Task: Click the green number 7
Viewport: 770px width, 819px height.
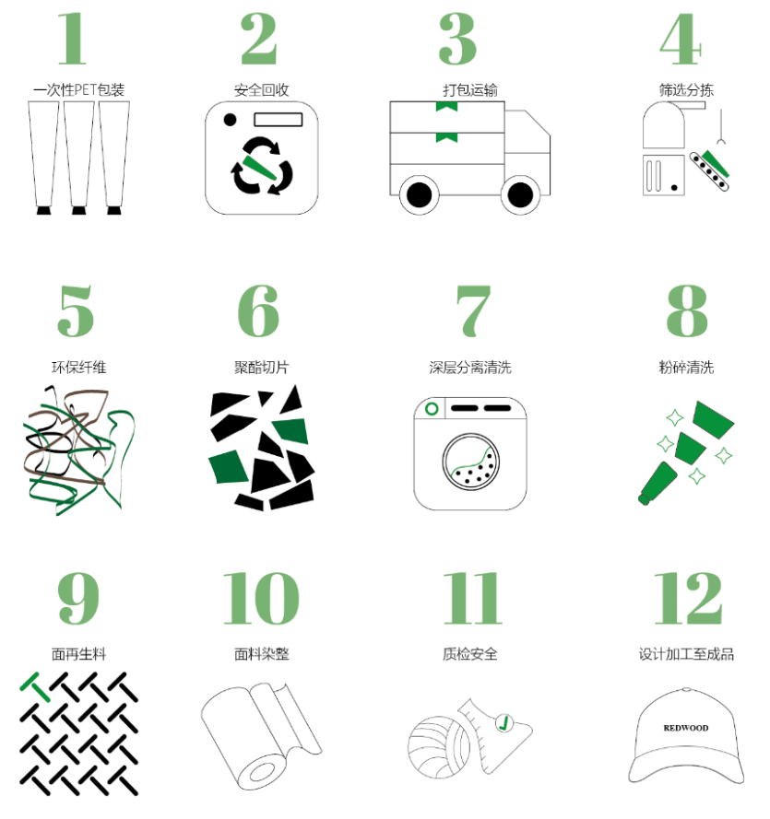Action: [473, 310]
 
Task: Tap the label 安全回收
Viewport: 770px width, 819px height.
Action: [261, 90]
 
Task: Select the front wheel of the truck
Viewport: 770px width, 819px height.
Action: [520, 195]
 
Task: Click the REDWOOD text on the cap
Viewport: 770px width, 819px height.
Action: [686, 728]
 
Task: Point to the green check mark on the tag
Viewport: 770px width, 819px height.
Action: [503, 723]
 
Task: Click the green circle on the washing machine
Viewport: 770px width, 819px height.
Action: [432, 408]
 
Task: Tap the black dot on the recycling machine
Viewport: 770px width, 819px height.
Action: [230, 120]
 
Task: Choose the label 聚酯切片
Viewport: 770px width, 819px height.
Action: [261, 368]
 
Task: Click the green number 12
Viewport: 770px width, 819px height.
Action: [689, 598]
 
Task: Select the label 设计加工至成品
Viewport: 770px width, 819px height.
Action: [686, 654]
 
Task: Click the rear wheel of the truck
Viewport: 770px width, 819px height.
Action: [420, 195]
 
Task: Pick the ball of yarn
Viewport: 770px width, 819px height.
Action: [439, 747]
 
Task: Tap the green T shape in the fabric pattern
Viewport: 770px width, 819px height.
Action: [36, 686]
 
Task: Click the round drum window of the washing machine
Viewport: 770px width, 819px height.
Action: [471, 462]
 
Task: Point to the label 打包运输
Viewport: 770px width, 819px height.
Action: [470, 90]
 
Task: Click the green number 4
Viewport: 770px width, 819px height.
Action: [680, 39]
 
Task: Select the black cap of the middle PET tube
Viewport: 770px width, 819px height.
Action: [78, 210]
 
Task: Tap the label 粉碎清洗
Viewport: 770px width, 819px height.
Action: [686, 368]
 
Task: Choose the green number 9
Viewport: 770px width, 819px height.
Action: [77, 598]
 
